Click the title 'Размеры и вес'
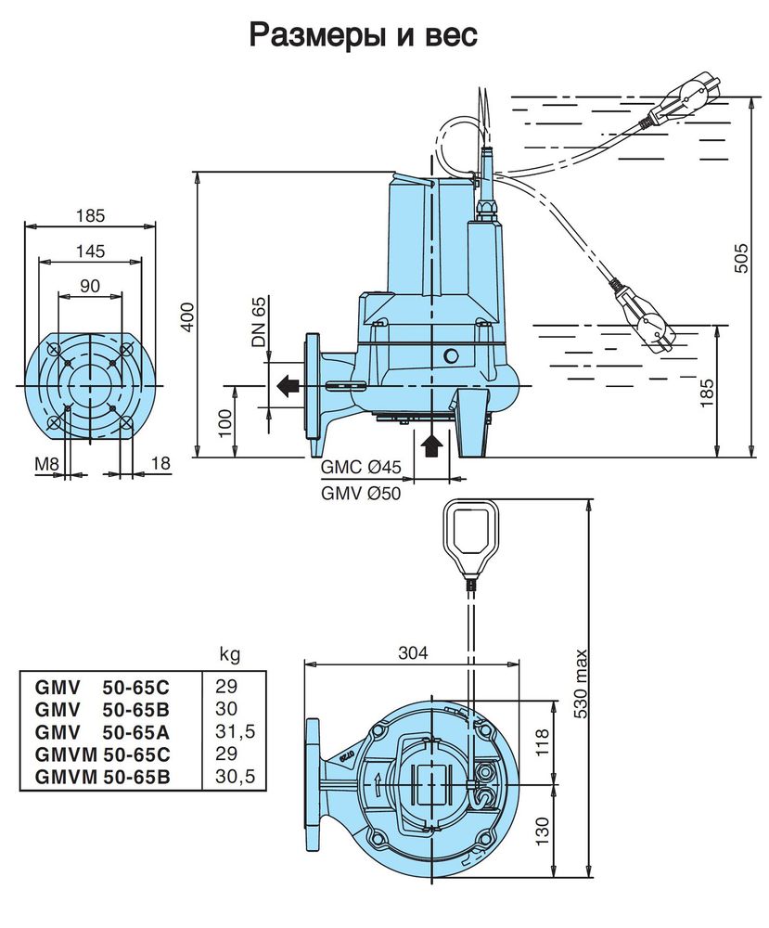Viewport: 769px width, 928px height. click(x=363, y=35)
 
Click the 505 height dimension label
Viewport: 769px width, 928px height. click(x=740, y=258)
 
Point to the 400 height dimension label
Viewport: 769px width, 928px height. click(x=187, y=316)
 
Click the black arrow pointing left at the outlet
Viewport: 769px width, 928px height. click(x=288, y=386)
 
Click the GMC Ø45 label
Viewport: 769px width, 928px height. click(x=361, y=468)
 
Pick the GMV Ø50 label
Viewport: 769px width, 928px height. click(x=361, y=492)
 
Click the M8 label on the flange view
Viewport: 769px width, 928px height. click(x=46, y=463)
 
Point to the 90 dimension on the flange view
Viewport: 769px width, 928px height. click(x=90, y=286)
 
